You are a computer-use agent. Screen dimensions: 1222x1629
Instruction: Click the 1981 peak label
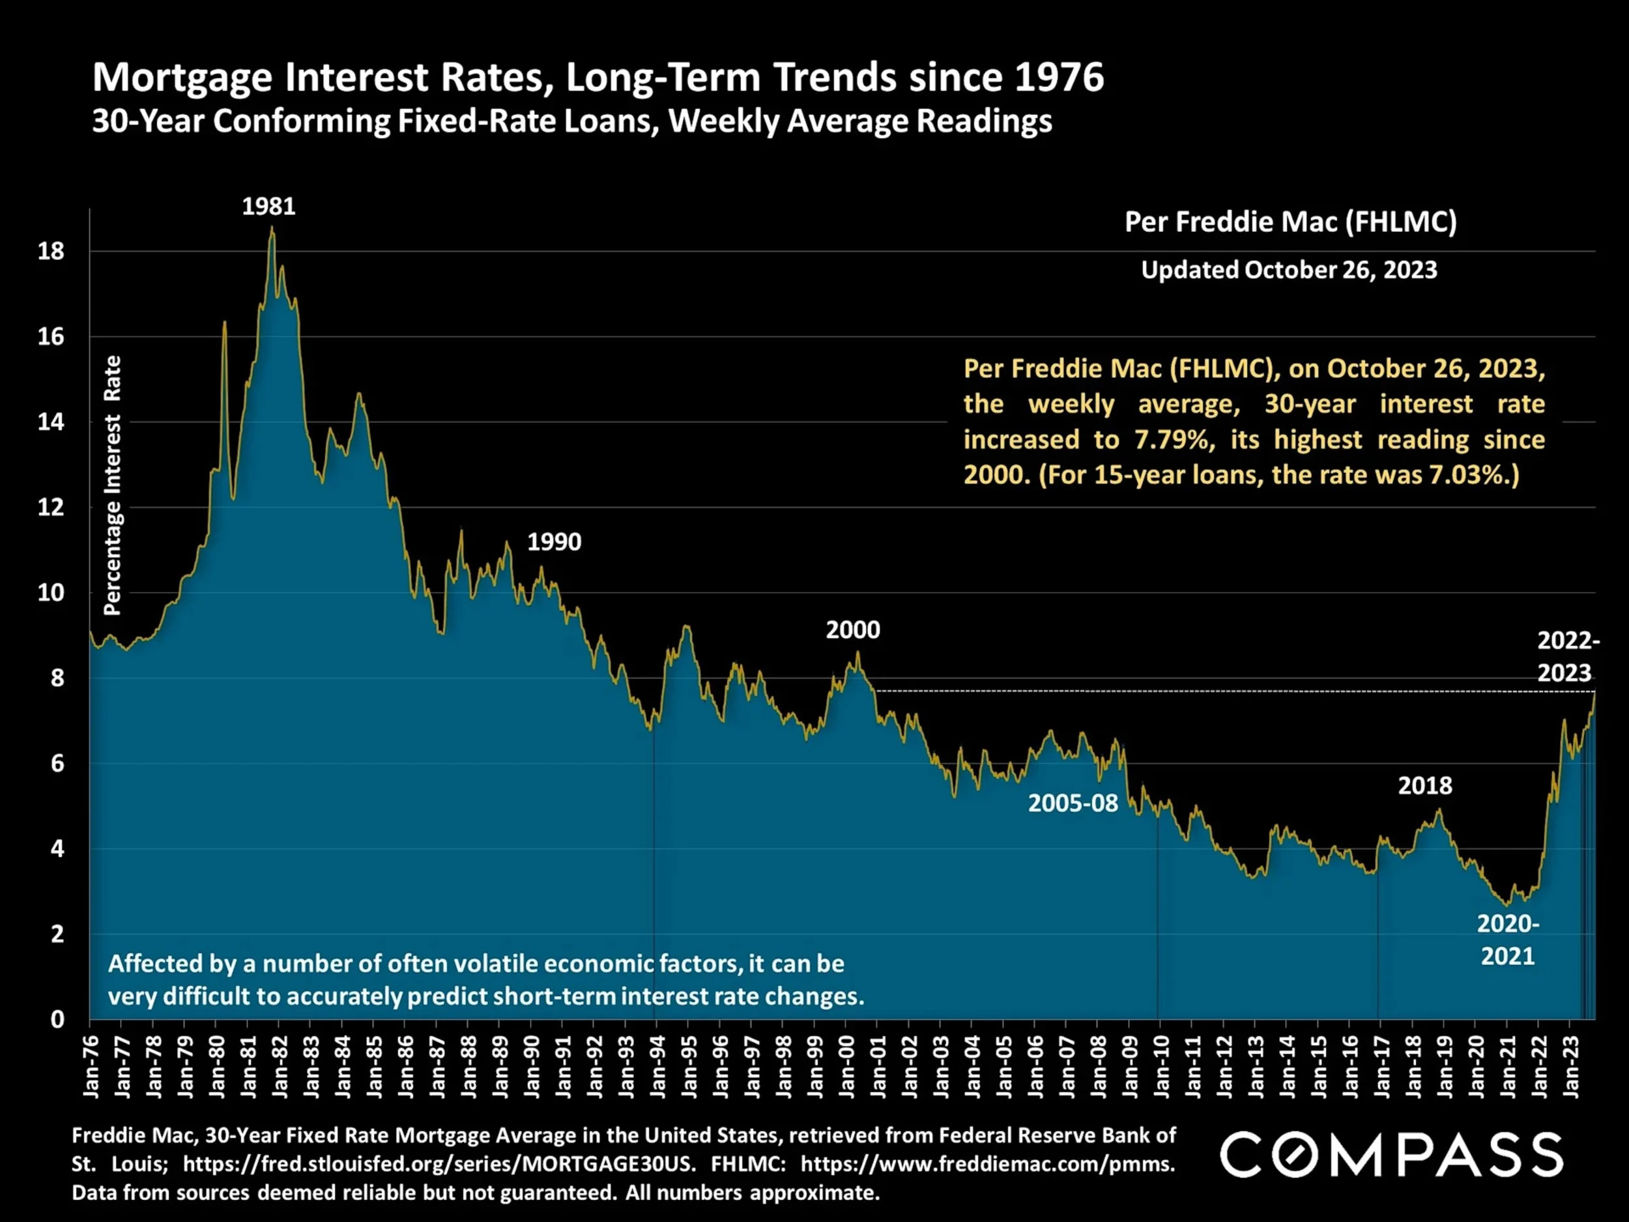269,206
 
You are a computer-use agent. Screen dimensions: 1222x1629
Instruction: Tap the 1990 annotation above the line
554,542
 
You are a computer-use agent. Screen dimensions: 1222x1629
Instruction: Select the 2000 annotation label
852,630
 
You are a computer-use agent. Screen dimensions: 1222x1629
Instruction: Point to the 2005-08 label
1073,803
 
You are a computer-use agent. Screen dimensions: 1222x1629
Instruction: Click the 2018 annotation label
1425,786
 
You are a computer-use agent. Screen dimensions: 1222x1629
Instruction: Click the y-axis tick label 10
51,593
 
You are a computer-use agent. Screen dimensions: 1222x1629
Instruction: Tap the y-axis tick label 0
57,1019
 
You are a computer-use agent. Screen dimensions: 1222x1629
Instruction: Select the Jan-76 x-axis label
91,1066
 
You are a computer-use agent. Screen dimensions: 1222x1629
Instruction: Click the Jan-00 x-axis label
847,1066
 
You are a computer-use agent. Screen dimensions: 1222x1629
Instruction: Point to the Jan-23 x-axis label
1571,1066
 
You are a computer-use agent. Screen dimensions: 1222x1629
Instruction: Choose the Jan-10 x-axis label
1161,1066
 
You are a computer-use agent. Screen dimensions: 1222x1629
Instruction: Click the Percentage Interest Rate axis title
112,486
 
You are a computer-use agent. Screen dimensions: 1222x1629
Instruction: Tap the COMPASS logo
1391,1154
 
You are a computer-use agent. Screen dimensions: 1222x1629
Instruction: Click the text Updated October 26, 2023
1289,270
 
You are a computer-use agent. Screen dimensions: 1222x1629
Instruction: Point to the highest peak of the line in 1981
272,228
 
